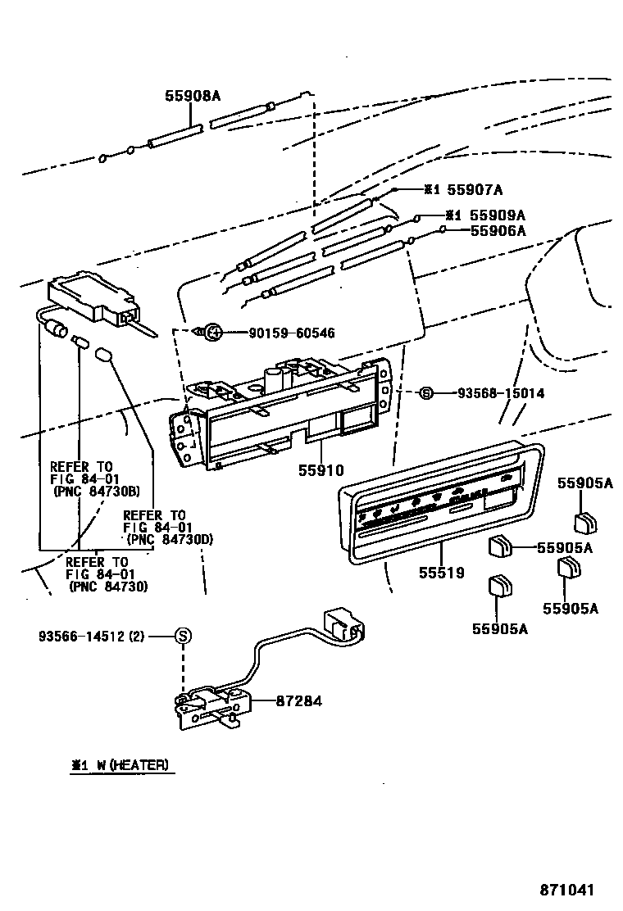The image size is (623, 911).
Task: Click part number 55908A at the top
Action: click(x=193, y=96)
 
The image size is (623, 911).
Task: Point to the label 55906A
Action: click(x=498, y=231)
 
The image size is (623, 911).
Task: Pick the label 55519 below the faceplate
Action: click(x=441, y=573)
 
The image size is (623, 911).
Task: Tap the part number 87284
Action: click(x=298, y=701)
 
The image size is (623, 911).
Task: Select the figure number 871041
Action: click(x=566, y=890)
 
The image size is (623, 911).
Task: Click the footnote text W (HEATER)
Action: click(x=130, y=765)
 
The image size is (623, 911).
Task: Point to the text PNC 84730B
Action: click(x=97, y=492)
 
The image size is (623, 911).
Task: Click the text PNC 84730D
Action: click(x=170, y=538)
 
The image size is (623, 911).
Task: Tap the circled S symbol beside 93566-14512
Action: click(x=184, y=636)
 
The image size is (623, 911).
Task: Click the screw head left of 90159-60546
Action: click(x=211, y=332)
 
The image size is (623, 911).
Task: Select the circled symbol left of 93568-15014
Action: click(x=425, y=393)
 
